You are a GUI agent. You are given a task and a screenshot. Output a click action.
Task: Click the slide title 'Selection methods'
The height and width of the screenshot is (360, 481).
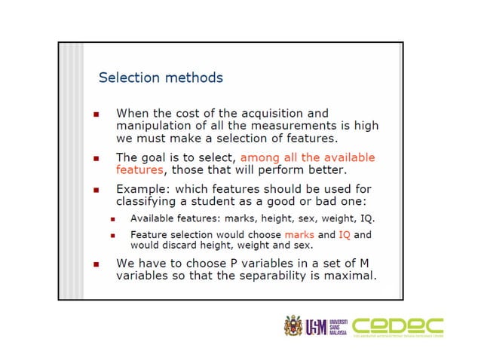click(161, 78)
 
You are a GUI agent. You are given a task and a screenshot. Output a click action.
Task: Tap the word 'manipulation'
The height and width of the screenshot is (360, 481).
click(155, 126)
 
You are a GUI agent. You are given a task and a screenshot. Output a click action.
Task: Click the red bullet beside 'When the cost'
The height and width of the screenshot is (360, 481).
click(96, 114)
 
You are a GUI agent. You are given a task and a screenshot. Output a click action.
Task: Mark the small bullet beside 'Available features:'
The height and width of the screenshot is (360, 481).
click(112, 219)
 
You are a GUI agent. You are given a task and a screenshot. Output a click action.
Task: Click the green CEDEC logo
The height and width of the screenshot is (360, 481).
click(398, 326)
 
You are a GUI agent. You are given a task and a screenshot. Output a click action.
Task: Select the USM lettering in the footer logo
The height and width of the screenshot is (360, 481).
click(317, 327)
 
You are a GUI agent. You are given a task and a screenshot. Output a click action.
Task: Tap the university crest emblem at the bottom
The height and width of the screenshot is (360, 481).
click(293, 326)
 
